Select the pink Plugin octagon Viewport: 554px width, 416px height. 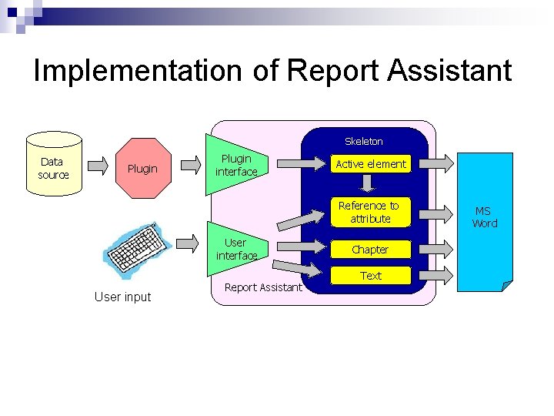(142, 169)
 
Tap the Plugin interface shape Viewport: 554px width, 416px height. (235, 165)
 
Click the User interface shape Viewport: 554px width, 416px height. (235, 248)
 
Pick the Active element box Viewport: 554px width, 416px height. (370, 164)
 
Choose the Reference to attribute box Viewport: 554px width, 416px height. (370, 212)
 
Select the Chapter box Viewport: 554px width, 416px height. (370, 250)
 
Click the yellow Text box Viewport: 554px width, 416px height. (370, 276)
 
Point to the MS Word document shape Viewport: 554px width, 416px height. (485, 217)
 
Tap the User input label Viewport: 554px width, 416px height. (122, 297)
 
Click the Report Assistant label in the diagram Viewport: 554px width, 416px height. (263, 287)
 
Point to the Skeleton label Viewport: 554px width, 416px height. (364, 141)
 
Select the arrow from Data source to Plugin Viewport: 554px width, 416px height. (98, 165)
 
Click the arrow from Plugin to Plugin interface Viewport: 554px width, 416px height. (190, 165)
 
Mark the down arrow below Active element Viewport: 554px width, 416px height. (369, 183)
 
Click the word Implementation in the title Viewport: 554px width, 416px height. (138, 70)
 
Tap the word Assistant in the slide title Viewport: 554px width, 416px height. (449, 70)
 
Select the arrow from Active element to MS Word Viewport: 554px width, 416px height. (435, 163)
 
